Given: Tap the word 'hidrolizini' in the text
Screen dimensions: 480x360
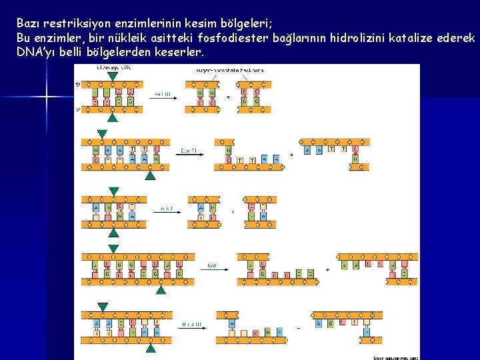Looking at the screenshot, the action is click(x=372, y=37).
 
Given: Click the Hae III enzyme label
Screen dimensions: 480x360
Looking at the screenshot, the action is click(x=162, y=95).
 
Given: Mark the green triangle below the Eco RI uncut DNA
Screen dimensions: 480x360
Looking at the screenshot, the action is click(x=151, y=176).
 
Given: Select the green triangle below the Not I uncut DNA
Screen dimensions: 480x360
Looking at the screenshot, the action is click(x=161, y=290).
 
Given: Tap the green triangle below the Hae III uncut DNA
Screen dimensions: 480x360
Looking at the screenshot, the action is click(x=113, y=117).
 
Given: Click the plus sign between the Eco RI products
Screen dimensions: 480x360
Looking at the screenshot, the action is click(x=291, y=155).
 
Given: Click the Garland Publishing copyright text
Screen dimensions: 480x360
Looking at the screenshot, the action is click(x=395, y=357).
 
